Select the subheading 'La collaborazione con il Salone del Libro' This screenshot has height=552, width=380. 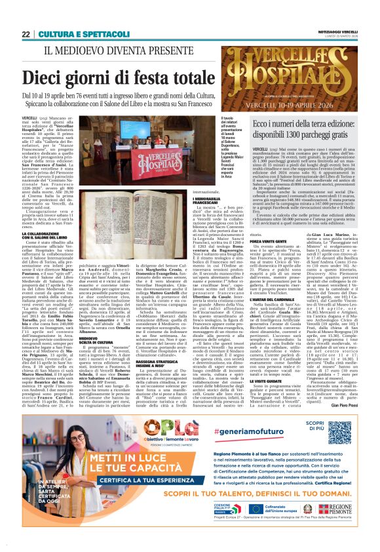pos(46,235)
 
